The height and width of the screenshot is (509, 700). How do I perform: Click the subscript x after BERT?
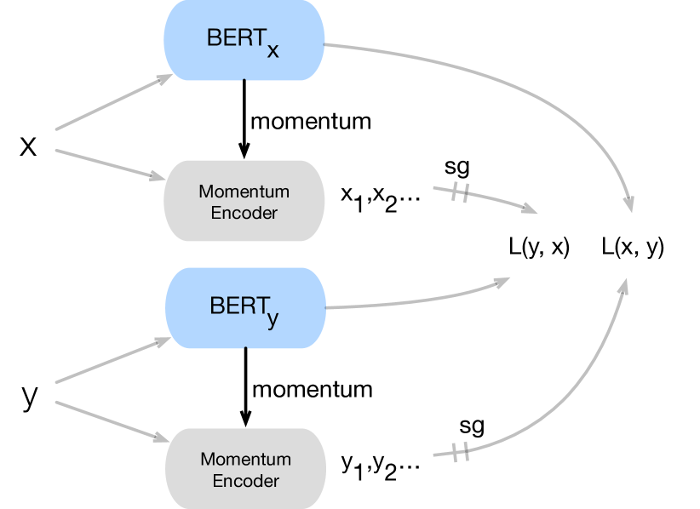pyautogui.click(x=273, y=51)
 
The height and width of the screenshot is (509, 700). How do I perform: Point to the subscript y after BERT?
pyautogui.click(x=273, y=319)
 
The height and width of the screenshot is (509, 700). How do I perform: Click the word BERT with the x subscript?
pyautogui.click(x=235, y=38)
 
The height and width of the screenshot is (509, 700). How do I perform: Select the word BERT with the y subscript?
pyautogui.click(x=238, y=306)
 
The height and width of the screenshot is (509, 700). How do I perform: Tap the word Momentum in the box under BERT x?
pyautogui.click(x=244, y=192)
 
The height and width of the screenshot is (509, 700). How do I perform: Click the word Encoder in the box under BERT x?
pyautogui.click(x=244, y=213)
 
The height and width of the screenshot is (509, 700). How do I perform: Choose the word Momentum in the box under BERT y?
pyautogui.click(x=245, y=460)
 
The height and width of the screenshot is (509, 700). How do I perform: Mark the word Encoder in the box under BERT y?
pyautogui.click(x=245, y=481)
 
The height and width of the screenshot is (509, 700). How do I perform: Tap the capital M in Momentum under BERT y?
pyautogui.click(x=207, y=460)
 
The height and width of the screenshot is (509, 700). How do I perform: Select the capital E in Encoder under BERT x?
pyautogui.click(x=215, y=213)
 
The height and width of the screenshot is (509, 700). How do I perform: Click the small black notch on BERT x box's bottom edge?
pyautogui.click(x=244, y=80)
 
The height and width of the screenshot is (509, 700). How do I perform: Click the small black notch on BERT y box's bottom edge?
pyautogui.click(x=245, y=347)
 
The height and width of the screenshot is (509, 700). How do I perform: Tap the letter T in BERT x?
pyautogui.click(x=256, y=38)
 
